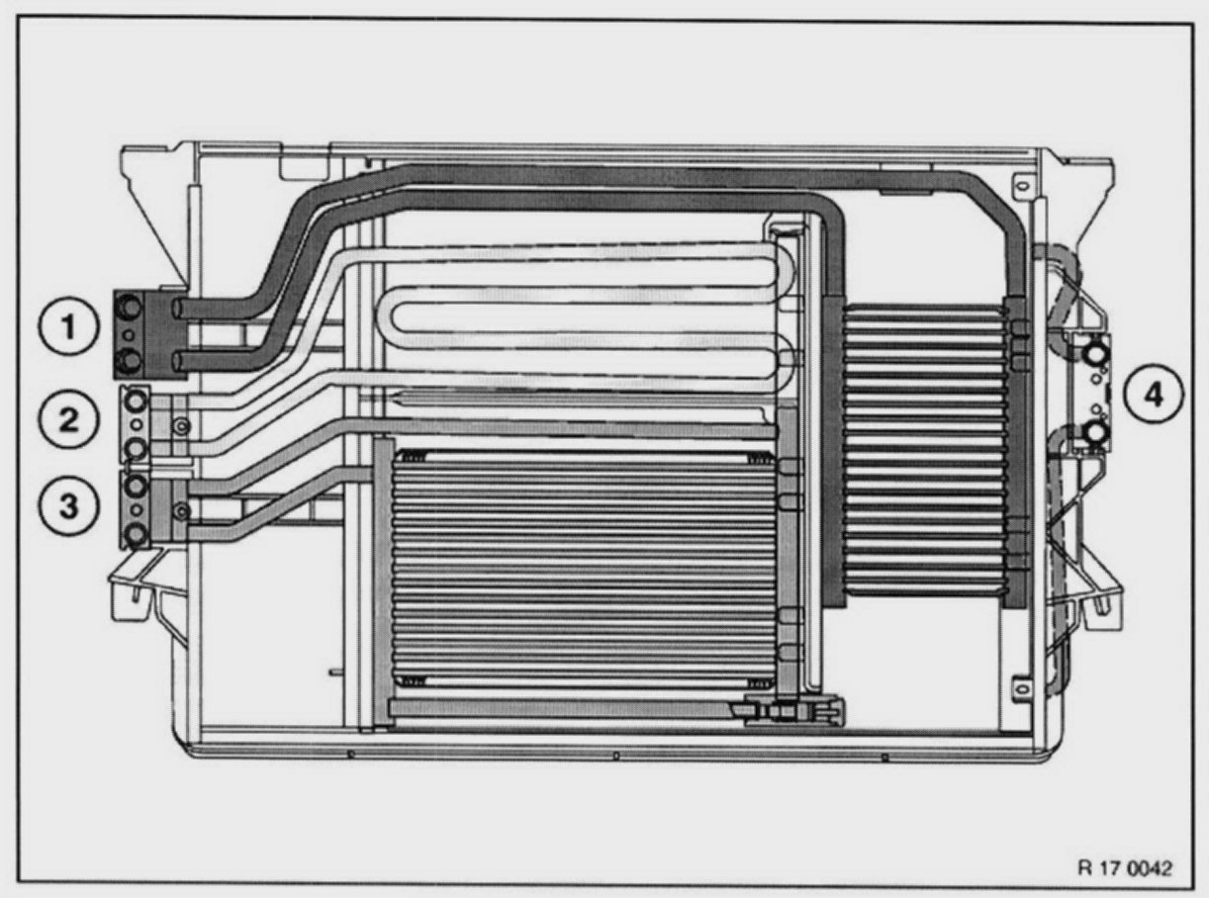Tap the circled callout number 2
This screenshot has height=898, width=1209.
pos(68,419)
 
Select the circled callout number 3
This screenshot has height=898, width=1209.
pos(68,505)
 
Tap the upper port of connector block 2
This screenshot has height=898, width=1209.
pos(135,400)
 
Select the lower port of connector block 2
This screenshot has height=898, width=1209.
pos(135,450)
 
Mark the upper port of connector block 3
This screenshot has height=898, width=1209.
pos(135,485)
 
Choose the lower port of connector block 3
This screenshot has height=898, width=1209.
pos(135,536)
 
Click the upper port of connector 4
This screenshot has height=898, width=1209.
pos(1094,354)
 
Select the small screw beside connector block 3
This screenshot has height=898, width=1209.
pos(180,510)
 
